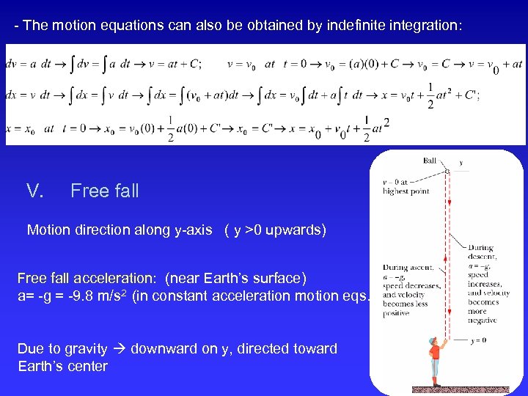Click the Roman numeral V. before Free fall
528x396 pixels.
pos(34,191)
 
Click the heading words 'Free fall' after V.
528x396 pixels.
pos(104,191)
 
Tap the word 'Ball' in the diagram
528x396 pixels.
pos(429,161)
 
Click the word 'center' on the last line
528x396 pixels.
pos(87,366)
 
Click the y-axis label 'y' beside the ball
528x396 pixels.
pos(461,163)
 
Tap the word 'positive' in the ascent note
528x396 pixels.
pos(397,313)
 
